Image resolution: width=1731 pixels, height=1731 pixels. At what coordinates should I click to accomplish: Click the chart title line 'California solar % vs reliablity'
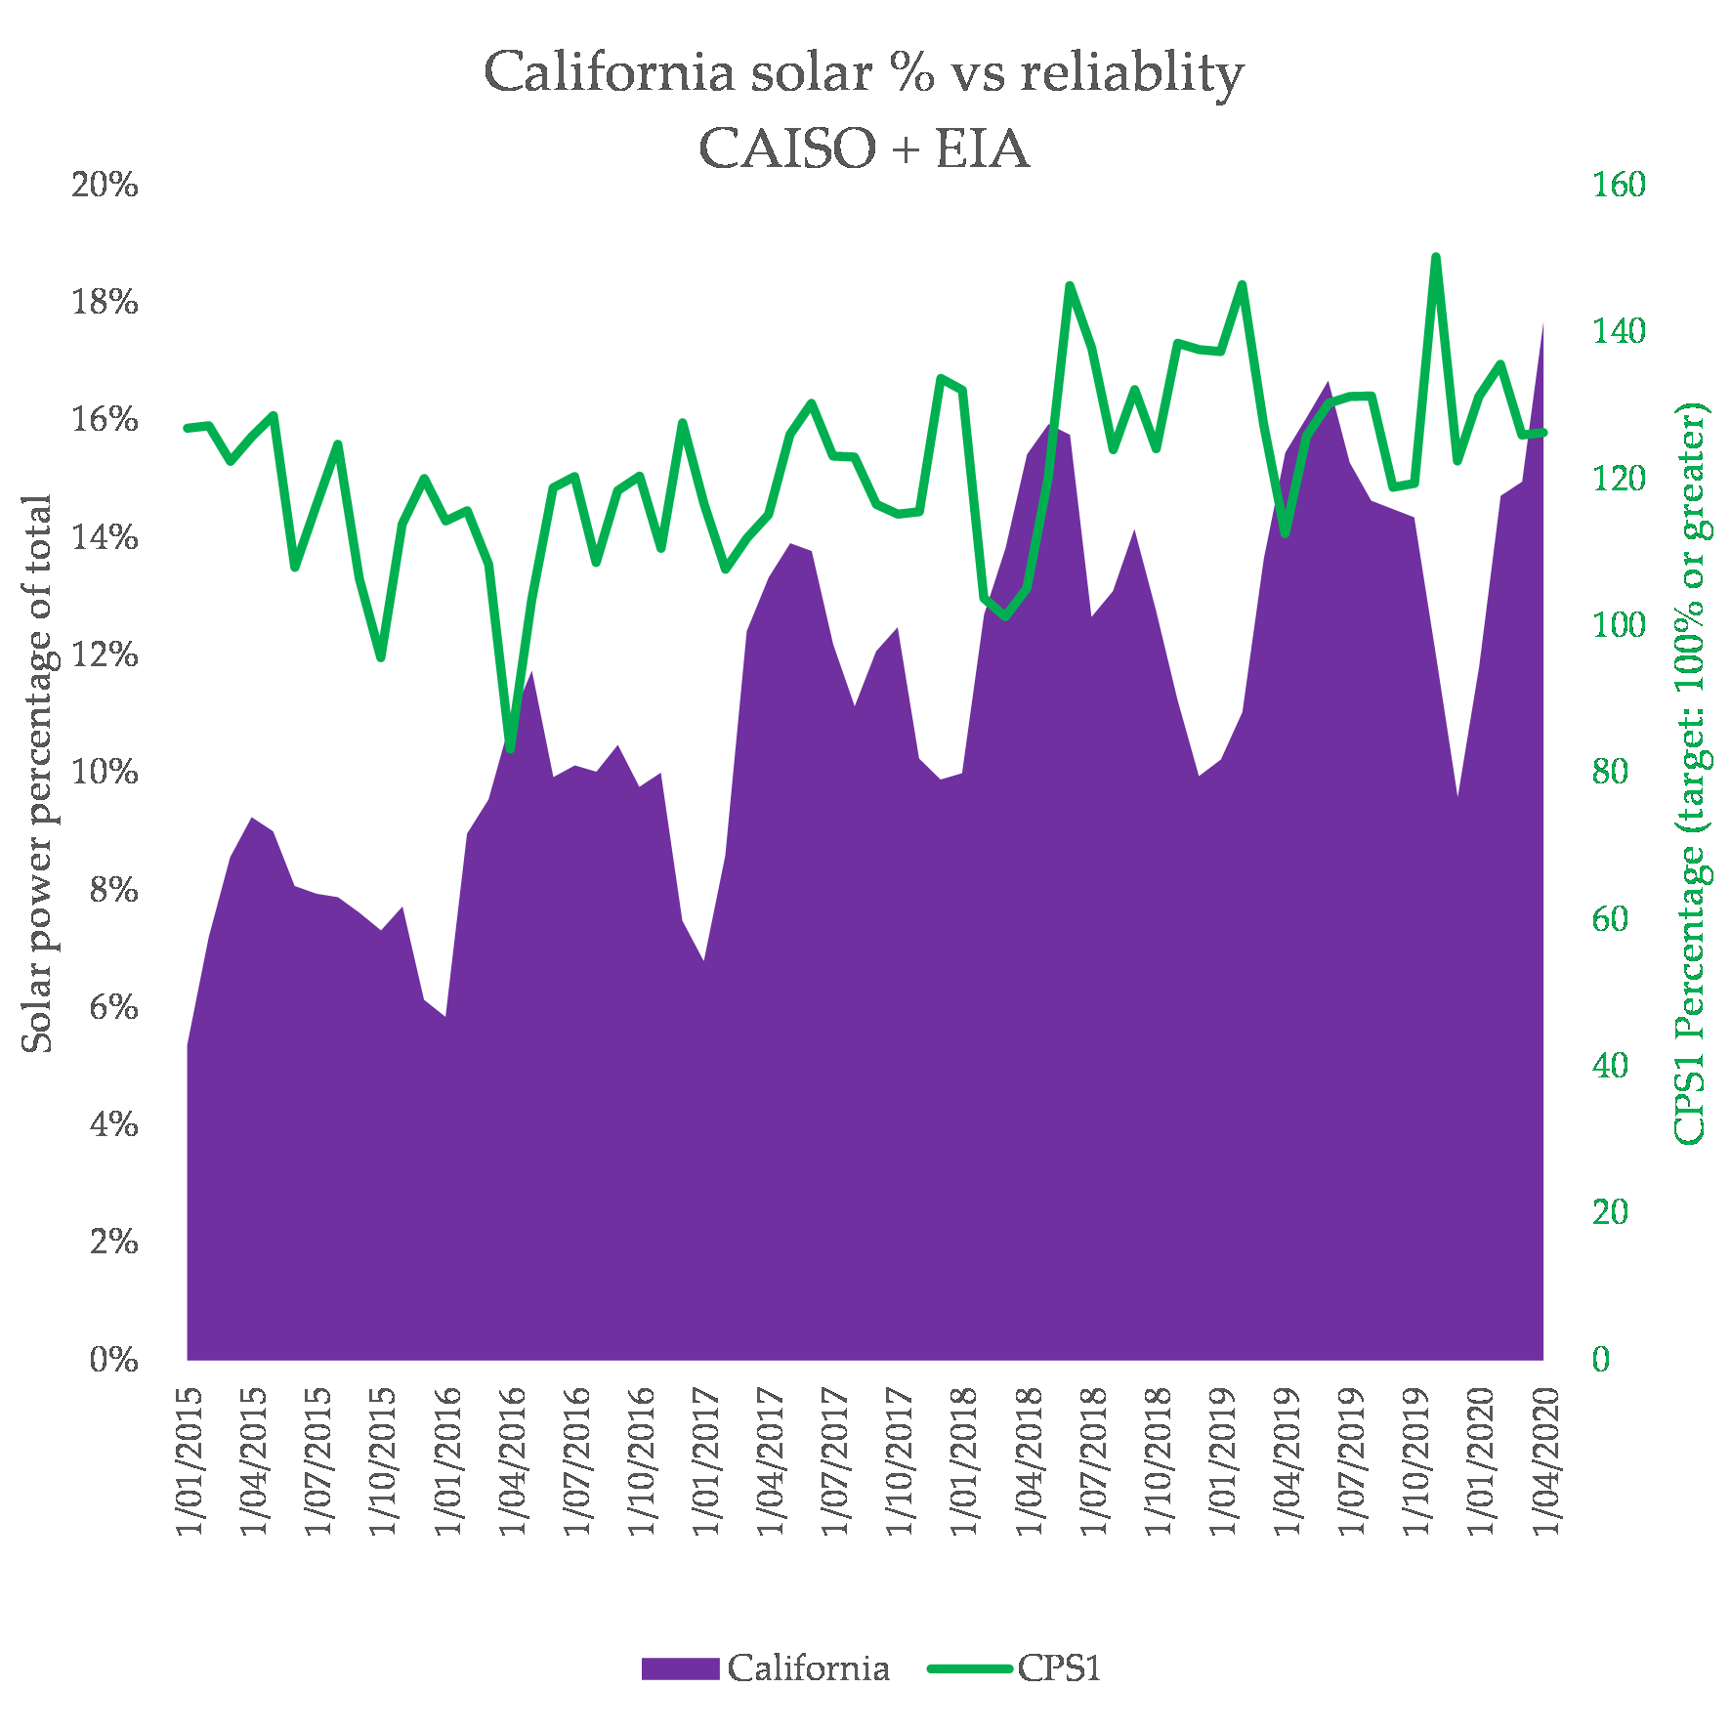coord(864,73)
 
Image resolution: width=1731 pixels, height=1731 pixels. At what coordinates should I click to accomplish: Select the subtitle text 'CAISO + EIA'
coord(864,149)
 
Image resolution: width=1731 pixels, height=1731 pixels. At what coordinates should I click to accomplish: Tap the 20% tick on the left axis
coord(105,185)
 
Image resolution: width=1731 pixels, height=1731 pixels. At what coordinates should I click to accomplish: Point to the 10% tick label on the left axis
coord(105,773)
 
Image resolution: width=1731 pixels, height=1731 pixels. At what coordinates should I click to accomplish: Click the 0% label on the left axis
coord(113,1360)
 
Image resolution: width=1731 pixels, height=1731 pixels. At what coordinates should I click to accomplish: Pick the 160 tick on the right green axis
coord(1619,185)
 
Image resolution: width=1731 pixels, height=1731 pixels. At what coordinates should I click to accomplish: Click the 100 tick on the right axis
coord(1619,625)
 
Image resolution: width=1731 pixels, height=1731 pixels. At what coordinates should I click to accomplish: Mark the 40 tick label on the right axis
coord(1610,1066)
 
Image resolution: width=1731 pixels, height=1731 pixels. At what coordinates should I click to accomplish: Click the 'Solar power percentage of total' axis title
coord(37,774)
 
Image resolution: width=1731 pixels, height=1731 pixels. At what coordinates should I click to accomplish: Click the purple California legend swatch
coord(680,1668)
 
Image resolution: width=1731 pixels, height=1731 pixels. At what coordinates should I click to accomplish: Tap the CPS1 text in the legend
coord(1060,1668)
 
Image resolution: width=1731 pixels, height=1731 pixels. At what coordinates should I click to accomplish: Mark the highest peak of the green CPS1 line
coord(1436,257)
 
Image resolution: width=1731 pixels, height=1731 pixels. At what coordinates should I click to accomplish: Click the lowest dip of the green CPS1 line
coord(510,748)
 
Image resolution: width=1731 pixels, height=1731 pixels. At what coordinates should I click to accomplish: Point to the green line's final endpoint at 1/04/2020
coord(1543,433)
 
